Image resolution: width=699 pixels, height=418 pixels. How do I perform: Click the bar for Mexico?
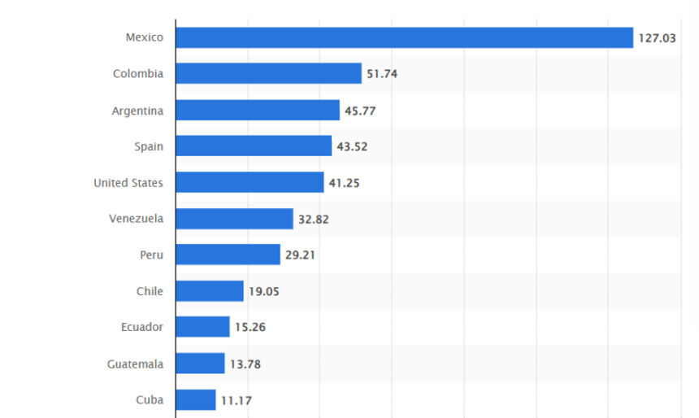point(404,37)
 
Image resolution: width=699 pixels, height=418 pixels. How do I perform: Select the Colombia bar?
point(268,74)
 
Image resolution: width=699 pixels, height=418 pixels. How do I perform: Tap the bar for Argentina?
point(258,111)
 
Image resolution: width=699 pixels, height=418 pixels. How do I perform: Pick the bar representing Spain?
point(254,146)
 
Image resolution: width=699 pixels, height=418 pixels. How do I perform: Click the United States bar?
point(250,183)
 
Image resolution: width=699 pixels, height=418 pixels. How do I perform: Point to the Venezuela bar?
point(234,219)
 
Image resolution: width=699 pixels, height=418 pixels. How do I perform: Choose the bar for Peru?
point(228,255)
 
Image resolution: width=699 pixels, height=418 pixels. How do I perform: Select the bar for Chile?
point(210,291)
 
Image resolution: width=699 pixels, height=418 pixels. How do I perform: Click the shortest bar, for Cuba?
point(196,399)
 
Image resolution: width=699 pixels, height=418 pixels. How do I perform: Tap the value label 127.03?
point(657,37)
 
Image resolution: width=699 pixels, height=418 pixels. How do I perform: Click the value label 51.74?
point(382,74)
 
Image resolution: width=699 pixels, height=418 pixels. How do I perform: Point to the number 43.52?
point(352,146)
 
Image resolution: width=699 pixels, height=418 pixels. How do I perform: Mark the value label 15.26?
point(250,327)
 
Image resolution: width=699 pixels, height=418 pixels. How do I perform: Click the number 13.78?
point(245,364)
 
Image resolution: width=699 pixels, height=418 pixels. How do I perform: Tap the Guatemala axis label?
point(135,364)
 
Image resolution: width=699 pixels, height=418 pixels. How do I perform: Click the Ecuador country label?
point(141,327)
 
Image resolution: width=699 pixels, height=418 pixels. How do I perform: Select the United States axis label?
point(128,183)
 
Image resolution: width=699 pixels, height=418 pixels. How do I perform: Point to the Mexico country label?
point(144,37)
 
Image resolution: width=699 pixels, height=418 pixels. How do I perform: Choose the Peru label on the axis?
point(151,255)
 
